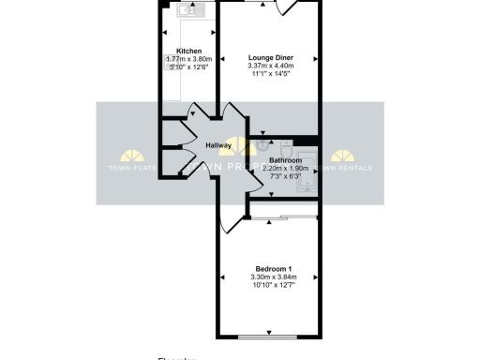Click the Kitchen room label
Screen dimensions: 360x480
(189, 51)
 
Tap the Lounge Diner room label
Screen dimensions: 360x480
(270, 57)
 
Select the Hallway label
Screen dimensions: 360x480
(219, 145)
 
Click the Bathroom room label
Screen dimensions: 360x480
(284, 160)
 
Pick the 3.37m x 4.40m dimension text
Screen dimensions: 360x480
(270, 66)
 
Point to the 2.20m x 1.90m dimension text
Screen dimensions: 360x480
(284, 168)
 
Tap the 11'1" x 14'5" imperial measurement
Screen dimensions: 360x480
(270, 74)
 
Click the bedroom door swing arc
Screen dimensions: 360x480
(229, 221)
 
